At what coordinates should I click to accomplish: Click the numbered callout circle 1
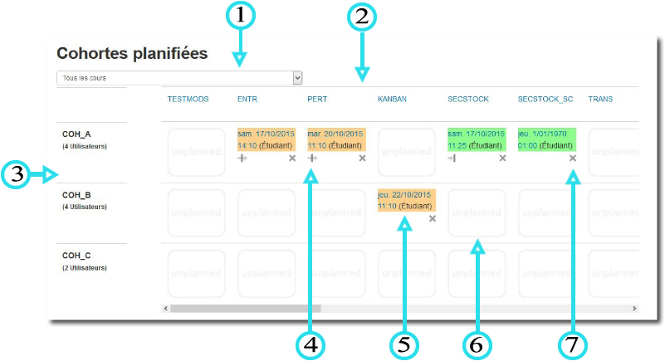[240, 15]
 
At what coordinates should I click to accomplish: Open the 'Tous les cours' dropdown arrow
[297, 77]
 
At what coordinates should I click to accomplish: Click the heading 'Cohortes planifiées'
[132, 53]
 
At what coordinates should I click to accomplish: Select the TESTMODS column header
[188, 99]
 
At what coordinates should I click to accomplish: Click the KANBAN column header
[393, 99]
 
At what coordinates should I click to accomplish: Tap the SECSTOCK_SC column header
[545, 99]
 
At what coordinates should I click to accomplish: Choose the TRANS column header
[601, 99]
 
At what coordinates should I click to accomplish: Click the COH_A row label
[76, 134]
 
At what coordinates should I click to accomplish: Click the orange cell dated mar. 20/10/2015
[335, 139]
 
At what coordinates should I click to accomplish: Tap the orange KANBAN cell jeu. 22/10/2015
[405, 200]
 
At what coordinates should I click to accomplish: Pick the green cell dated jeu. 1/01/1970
[545, 139]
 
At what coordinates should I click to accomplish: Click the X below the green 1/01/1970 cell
[573, 158]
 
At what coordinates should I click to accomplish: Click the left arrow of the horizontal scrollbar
[166, 308]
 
